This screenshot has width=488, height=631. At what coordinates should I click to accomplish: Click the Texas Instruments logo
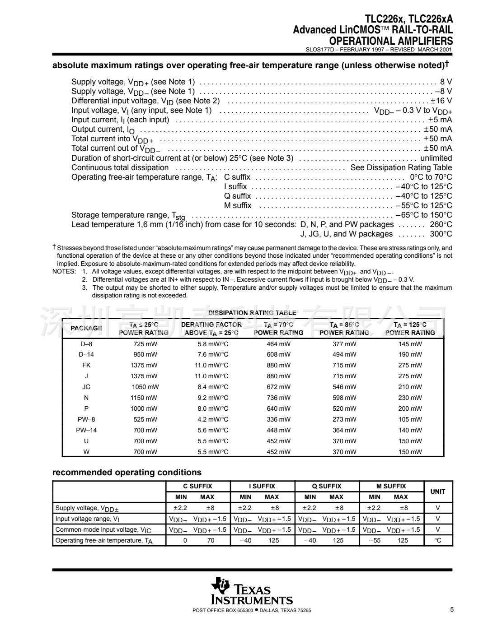[252, 591]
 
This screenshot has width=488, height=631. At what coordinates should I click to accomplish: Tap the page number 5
[451, 610]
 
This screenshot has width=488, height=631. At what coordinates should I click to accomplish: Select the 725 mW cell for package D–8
[144, 344]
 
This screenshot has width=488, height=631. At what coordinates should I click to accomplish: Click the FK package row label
[86, 366]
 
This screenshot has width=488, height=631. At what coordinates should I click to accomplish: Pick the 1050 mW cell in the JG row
[145, 387]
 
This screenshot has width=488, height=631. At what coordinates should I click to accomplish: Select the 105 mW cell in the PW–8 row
[410, 420]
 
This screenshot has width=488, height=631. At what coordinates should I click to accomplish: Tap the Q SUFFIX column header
[327, 487]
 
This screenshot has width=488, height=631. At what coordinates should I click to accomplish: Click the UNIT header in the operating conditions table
[437, 492]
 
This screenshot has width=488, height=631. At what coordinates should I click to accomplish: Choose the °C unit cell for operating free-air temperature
[437, 541]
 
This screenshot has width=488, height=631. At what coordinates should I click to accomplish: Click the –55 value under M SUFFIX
[375, 541]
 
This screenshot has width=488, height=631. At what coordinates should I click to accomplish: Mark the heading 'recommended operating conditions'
[127, 473]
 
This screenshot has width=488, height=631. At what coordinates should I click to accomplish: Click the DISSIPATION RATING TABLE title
[252, 313]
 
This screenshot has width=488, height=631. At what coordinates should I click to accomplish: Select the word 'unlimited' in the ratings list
[436, 158]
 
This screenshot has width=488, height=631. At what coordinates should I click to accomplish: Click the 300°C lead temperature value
[441, 234]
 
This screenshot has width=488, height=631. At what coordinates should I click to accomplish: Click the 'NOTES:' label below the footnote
[64, 272]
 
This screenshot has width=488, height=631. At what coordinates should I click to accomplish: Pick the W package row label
[86, 452]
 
